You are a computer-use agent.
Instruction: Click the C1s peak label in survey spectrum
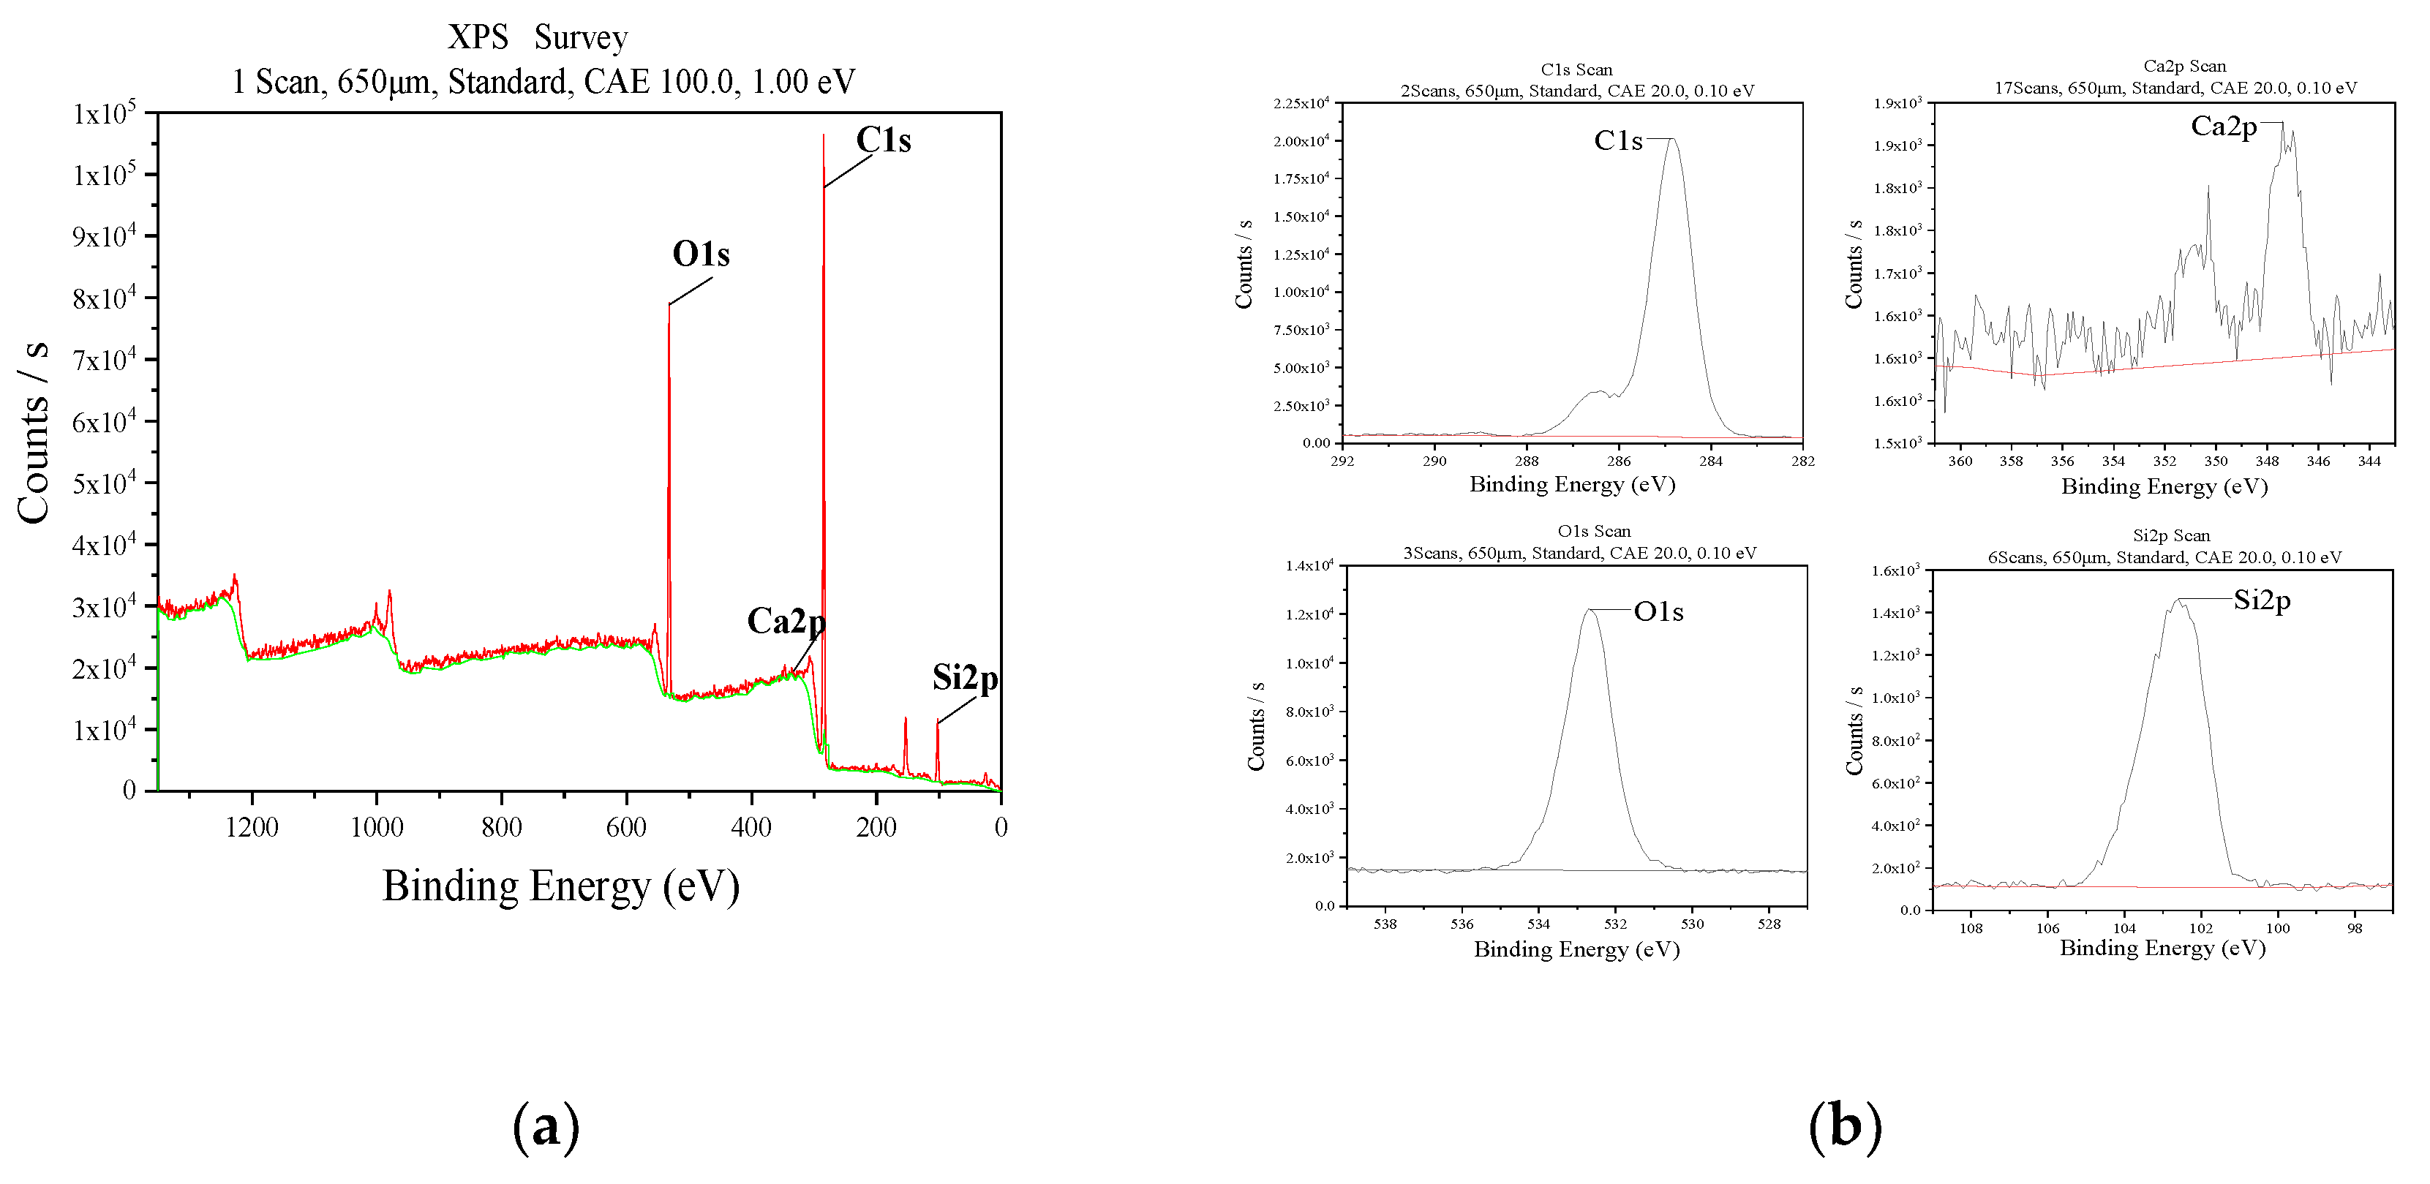coord(883,140)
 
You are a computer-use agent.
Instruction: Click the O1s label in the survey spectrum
coord(701,254)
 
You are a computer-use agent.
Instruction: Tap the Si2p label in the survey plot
coord(964,679)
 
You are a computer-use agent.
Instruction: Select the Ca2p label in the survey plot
coord(786,622)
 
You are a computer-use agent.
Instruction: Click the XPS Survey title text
coord(537,38)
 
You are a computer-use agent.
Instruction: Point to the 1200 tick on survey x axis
coord(252,827)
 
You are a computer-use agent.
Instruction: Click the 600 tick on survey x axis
coord(626,827)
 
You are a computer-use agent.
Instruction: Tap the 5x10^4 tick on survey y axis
coord(104,483)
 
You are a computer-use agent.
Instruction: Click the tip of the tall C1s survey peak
coord(823,135)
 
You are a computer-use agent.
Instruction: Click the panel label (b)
coord(1844,1125)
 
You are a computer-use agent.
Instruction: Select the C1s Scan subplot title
coord(1576,69)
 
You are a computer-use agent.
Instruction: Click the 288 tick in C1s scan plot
coord(1527,461)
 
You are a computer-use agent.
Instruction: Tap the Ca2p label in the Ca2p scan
coord(2224,127)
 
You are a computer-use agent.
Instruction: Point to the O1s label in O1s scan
coord(1658,612)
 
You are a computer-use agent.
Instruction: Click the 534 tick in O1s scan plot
coord(1538,924)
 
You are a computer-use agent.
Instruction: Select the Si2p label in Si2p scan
coord(2261,600)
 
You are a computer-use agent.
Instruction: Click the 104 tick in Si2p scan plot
coord(2124,928)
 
